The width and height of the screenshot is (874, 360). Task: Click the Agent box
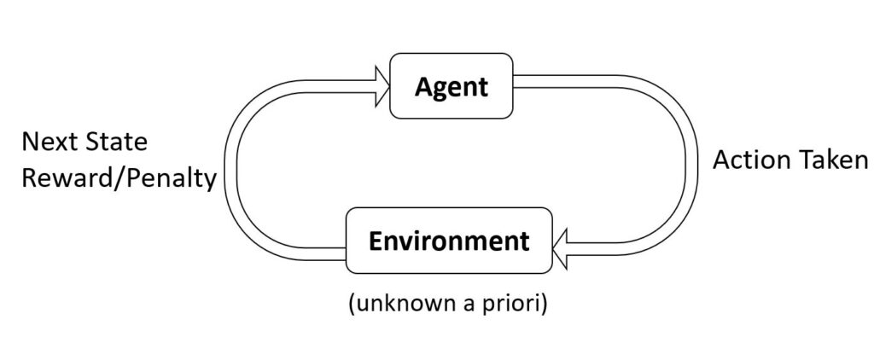452,85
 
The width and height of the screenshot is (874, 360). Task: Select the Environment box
448,241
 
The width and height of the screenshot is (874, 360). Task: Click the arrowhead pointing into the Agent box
380,85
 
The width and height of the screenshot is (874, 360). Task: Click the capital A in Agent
423,86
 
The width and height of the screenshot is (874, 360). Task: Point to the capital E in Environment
374,241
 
